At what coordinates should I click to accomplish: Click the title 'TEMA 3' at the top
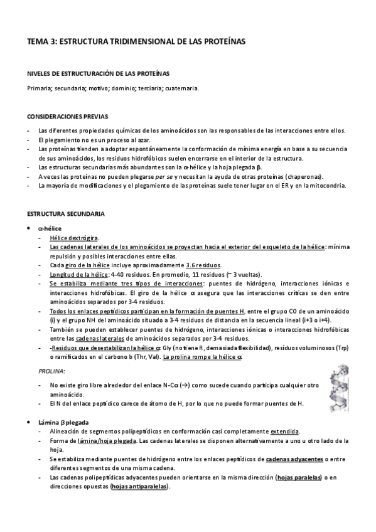coord(40,41)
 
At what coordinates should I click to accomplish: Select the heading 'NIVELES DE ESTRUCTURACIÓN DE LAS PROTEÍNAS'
coord(98,74)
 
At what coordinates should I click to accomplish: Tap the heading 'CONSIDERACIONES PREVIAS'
coord(67,116)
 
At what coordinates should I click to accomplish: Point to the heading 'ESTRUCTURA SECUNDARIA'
coord(62,214)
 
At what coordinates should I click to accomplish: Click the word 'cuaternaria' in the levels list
coord(182,88)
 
